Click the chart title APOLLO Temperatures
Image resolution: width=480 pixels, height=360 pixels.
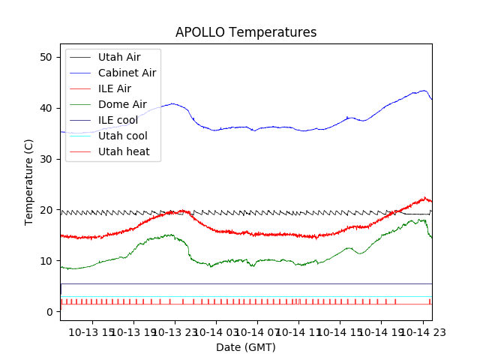pos(246,32)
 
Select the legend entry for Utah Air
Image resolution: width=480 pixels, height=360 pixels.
pos(118,57)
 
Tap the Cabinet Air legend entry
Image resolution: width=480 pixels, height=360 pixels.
pos(127,73)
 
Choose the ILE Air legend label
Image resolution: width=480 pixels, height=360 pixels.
pos(114,88)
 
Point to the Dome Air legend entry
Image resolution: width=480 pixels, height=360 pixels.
pos(122,104)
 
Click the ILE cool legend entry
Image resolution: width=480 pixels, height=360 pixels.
pos(118,120)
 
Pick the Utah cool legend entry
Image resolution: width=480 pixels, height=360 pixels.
pos(122,136)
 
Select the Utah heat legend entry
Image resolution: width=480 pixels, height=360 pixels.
pos(124,151)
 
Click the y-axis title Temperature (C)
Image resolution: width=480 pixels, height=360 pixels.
pos(29,181)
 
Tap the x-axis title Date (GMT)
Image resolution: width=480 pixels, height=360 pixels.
pos(246,347)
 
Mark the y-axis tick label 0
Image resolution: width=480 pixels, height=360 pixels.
pos(48,312)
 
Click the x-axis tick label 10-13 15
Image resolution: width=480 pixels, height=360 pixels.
pos(92,331)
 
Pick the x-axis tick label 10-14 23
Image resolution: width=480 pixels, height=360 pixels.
pos(422,331)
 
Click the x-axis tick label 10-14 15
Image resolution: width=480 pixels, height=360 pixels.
pos(340,331)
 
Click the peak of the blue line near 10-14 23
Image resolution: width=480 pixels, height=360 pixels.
pos(424,91)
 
